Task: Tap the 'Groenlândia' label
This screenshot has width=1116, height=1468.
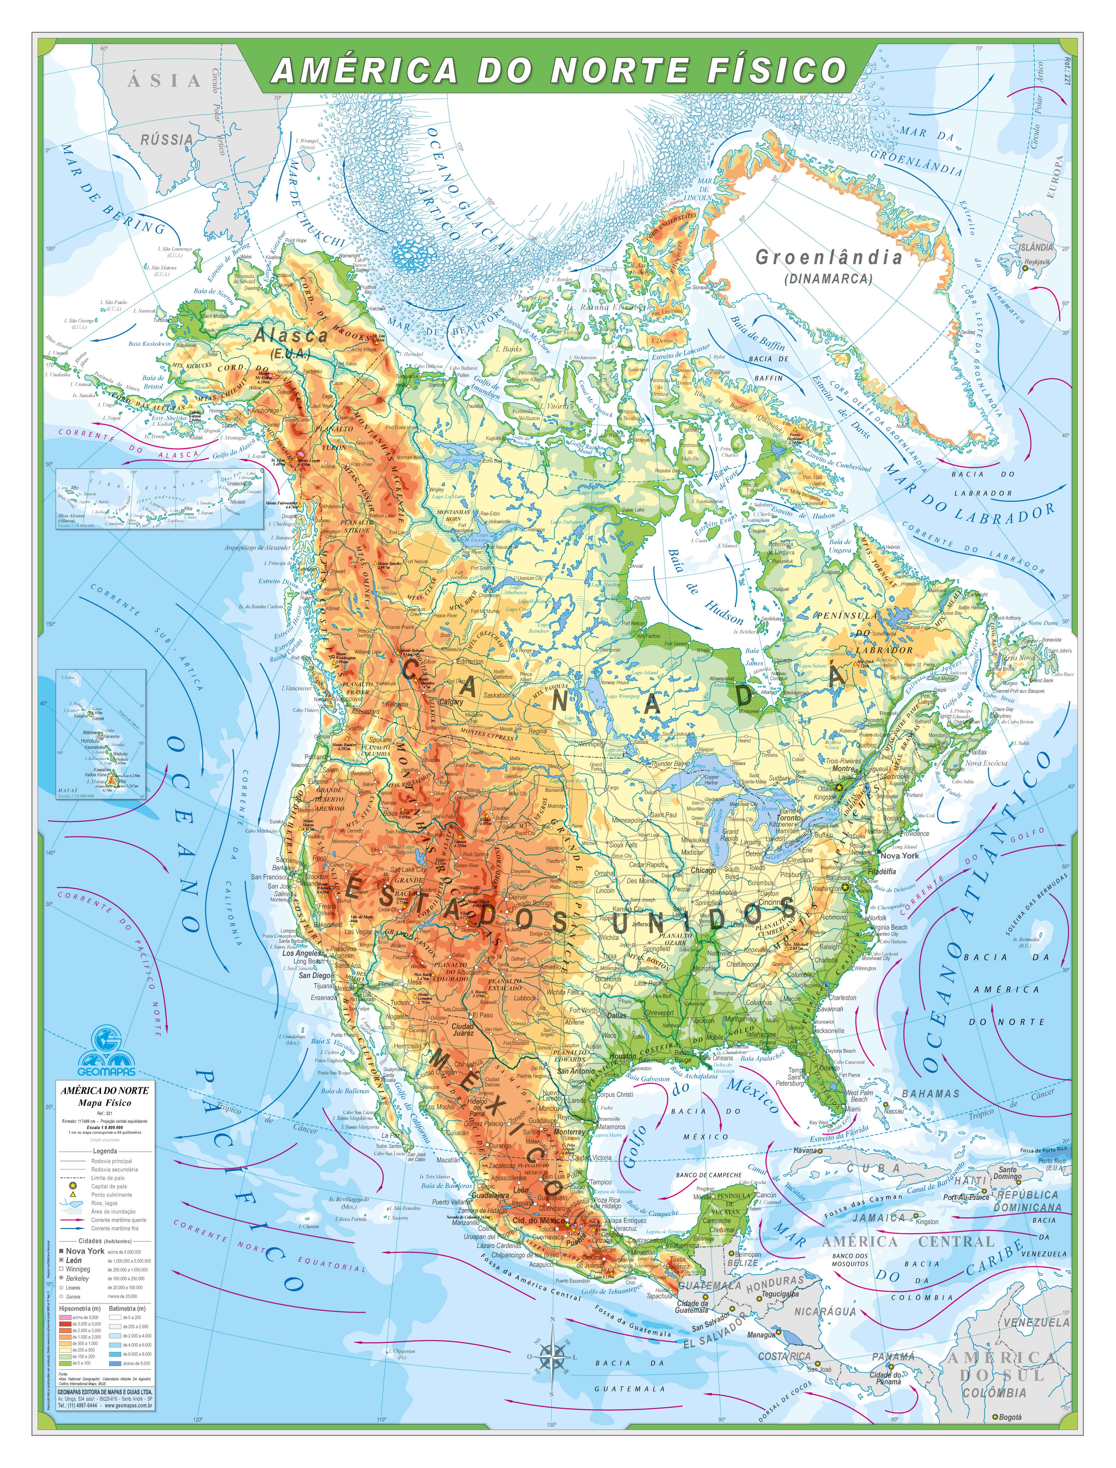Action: [828, 258]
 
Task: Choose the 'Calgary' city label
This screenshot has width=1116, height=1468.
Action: [451, 703]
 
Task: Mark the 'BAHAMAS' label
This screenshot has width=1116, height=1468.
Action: [930, 1093]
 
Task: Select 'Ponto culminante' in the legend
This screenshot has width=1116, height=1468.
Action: [112, 1194]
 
